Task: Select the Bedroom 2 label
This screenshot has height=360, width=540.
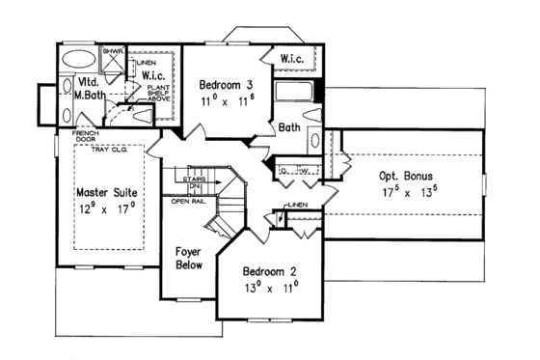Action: point(267,271)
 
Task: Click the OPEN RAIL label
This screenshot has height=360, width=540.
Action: point(188,202)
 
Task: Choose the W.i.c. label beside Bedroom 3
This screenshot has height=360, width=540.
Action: point(295,60)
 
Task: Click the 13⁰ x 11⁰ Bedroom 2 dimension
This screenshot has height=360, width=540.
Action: point(268,288)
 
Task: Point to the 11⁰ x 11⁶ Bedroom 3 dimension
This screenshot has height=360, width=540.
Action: point(227,100)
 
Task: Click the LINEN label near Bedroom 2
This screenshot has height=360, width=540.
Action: point(297,206)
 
